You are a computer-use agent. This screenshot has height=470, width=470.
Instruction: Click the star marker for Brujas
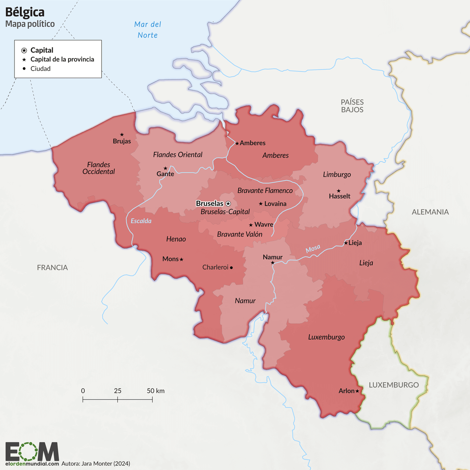(x=122, y=135)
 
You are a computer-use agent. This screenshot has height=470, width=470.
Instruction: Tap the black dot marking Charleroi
(x=231, y=268)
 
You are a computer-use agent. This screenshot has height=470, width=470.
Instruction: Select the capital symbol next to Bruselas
(x=228, y=204)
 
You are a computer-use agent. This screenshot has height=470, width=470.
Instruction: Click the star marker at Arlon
(x=357, y=391)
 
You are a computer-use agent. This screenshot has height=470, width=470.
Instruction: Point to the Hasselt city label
(x=339, y=196)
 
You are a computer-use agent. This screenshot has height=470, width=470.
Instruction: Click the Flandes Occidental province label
(x=98, y=168)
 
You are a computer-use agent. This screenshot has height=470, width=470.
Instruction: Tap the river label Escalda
(x=141, y=221)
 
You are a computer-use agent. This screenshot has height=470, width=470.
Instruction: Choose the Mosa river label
(x=313, y=249)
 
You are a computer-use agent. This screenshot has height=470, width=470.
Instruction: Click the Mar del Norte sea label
(x=148, y=30)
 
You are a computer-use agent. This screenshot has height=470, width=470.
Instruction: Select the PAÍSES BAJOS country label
(x=352, y=106)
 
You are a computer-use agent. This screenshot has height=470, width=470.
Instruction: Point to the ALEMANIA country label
(x=430, y=212)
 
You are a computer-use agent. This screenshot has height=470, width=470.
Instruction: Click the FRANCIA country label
(x=52, y=268)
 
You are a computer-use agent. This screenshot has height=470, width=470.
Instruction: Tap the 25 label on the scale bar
(x=117, y=391)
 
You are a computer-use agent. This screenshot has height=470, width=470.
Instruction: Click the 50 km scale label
(x=155, y=391)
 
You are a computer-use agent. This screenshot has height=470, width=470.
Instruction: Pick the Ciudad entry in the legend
(x=40, y=69)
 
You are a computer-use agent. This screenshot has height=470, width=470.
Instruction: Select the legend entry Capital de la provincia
(x=62, y=59)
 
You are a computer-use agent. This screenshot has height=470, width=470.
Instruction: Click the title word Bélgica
(x=25, y=12)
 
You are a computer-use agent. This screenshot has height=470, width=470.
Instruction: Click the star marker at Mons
(x=181, y=259)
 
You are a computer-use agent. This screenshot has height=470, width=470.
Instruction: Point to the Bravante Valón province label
(x=240, y=234)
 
